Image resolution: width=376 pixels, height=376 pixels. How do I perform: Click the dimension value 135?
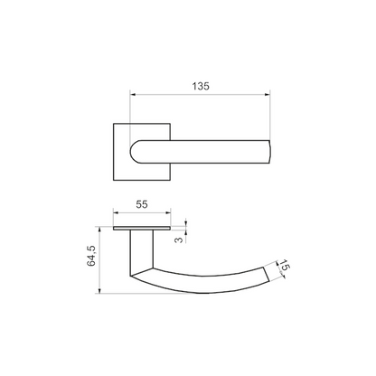pyautogui.click(x=201, y=87)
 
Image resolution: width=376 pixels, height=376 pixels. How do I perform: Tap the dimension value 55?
pyautogui.click(x=142, y=204)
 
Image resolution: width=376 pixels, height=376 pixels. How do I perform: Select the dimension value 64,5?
pyautogui.click(x=91, y=256)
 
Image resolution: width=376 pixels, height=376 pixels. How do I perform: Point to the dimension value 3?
pyautogui.click(x=179, y=240)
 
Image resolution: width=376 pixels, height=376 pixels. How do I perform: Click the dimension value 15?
pyautogui.click(x=284, y=266)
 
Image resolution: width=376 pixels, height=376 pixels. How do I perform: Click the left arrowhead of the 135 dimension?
pyautogui.click(x=133, y=95)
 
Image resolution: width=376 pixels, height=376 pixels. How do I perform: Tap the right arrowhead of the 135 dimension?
pyautogui.click(x=268, y=95)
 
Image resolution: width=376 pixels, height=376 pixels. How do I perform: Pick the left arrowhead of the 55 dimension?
pyautogui.click(x=117, y=213)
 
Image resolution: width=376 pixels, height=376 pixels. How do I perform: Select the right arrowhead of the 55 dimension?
pyautogui.click(x=167, y=213)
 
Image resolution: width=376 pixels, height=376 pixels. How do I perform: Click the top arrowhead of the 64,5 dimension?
pyautogui.click(x=99, y=230)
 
